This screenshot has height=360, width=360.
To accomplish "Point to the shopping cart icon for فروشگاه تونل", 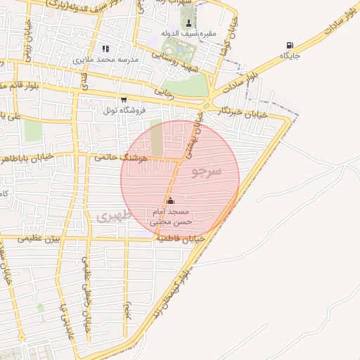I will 124,100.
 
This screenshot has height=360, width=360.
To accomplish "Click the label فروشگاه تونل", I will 124,110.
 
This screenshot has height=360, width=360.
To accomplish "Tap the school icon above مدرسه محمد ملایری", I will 105,49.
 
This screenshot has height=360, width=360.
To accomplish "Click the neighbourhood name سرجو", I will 207,172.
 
